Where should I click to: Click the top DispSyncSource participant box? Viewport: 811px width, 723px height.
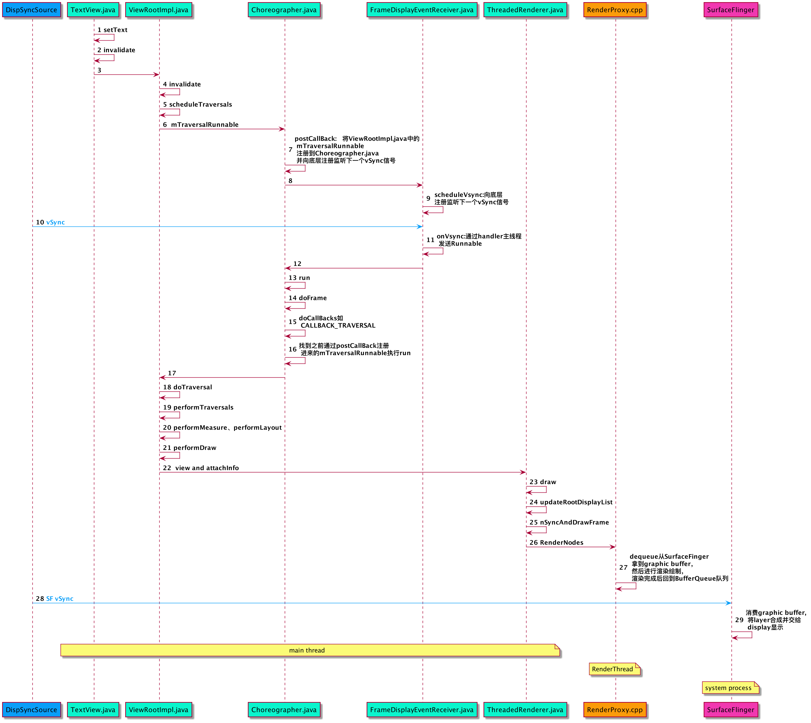click(31, 10)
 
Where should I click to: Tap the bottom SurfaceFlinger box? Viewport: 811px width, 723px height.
click(730, 709)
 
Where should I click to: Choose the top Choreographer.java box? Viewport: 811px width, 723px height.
click(284, 10)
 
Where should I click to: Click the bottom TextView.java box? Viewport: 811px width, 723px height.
click(93, 709)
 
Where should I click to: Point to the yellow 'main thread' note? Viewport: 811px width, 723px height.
click(307, 650)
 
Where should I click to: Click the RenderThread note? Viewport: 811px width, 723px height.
click(613, 669)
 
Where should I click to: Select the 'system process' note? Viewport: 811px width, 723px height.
click(728, 688)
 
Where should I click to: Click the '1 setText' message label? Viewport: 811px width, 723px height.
click(112, 30)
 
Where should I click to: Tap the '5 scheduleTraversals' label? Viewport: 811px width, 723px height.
click(197, 105)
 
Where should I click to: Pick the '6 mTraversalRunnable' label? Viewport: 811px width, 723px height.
click(200, 125)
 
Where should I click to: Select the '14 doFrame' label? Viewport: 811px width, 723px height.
click(308, 298)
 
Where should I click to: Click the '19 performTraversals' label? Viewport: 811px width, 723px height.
click(198, 407)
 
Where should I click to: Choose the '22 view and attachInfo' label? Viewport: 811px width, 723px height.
click(201, 468)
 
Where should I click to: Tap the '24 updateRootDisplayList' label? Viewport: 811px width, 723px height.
click(571, 502)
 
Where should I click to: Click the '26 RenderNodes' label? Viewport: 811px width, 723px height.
click(556, 543)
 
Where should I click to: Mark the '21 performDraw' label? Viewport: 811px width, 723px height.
click(189, 448)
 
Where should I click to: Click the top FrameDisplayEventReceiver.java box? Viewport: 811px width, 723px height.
click(421, 10)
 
